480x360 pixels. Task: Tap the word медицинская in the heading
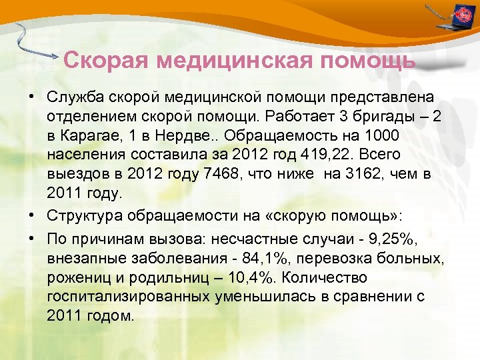pyautogui.click(x=235, y=61)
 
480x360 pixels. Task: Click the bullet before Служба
pyautogui.click(x=32, y=97)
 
